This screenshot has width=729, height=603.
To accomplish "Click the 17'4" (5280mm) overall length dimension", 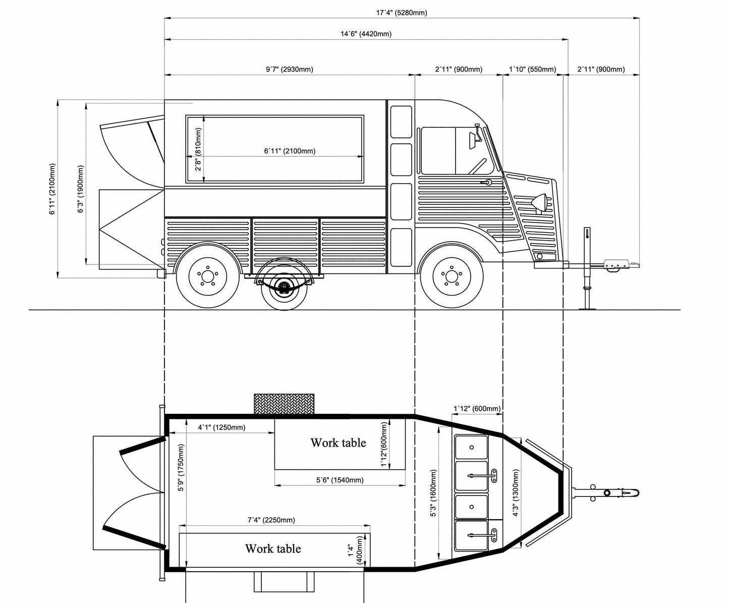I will click(x=402, y=13).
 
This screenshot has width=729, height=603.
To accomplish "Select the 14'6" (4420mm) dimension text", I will click(x=366, y=34).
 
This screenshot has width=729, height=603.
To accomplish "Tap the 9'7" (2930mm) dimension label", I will click(x=289, y=69).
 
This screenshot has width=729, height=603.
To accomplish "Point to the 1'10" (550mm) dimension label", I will click(x=532, y=69).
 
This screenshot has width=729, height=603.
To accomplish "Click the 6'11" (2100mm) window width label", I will click(x=290, y=151).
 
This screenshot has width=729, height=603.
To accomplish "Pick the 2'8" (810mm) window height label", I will click(x=198, y=149).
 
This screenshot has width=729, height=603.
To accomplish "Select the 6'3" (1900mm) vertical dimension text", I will click(x=81, y=189).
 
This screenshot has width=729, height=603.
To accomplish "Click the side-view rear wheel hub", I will click(x=207, y=276).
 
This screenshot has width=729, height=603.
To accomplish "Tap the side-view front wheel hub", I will click(x=451, y=276).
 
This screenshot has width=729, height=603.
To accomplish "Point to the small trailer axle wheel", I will click(x=284, y=288).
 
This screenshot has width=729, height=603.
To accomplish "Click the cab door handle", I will click(x=487, y=183).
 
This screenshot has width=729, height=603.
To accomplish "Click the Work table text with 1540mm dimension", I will click(x=338, y=443).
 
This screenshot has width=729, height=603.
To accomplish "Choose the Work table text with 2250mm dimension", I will click(x=273, y=549).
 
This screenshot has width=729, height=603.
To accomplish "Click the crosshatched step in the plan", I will click(x=284, y=404).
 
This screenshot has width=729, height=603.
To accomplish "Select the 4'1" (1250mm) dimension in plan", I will click(x=221, y=427).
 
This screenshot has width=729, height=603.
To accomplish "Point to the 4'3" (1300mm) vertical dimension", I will click(x=516, y=493).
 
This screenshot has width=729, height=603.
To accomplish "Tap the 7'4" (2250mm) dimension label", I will click(x=271, y=520).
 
